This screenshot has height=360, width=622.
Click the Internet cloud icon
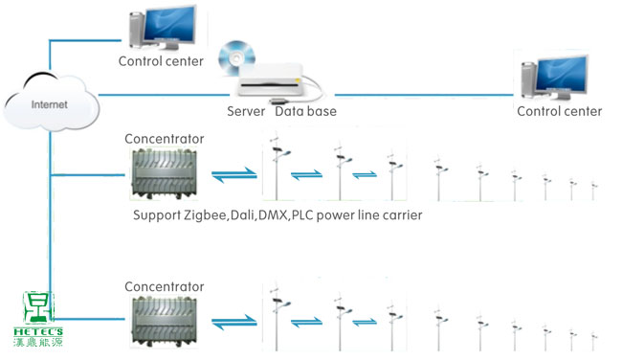51,101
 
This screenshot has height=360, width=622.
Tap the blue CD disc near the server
236,58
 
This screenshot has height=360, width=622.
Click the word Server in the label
246,111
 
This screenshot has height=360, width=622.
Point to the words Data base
305,111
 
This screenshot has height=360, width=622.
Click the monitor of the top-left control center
169,26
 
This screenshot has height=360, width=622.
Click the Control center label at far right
560,111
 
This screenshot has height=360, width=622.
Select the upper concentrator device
165,174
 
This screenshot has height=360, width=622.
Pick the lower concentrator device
165,323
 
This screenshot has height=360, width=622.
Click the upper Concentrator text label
165,139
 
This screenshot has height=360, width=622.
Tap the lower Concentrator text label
165,286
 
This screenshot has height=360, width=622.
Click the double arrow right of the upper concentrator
234,174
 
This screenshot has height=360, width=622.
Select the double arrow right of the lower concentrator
234,323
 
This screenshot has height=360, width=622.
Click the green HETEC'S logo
38,319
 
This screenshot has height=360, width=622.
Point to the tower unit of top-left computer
137,31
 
